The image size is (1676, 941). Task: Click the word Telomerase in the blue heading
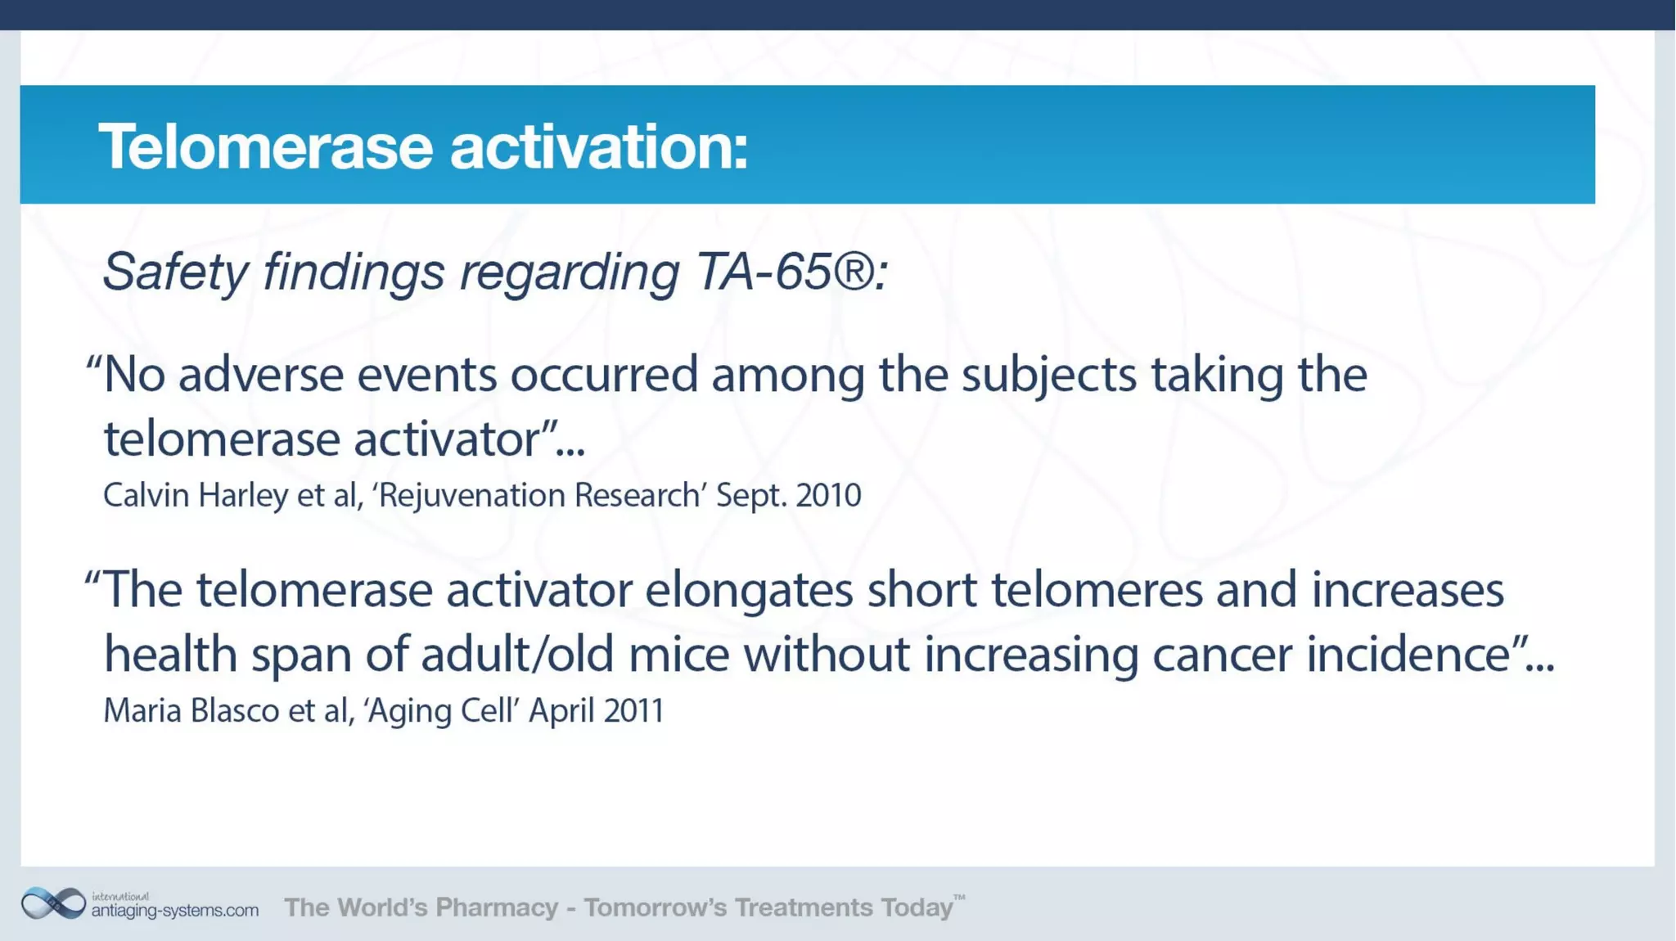pos(265,147)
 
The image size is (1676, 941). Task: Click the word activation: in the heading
pos(598,147)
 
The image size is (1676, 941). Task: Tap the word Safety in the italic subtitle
pos(174,272)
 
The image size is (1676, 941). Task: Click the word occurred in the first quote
pos(604,375)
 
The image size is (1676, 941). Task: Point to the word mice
pos(678,655)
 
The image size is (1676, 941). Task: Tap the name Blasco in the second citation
pos(235,710)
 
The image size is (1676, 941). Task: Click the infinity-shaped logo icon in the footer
pos(53,903)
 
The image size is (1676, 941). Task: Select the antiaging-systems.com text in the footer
pos(174,910)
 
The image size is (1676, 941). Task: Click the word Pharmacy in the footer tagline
pos(496,907)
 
